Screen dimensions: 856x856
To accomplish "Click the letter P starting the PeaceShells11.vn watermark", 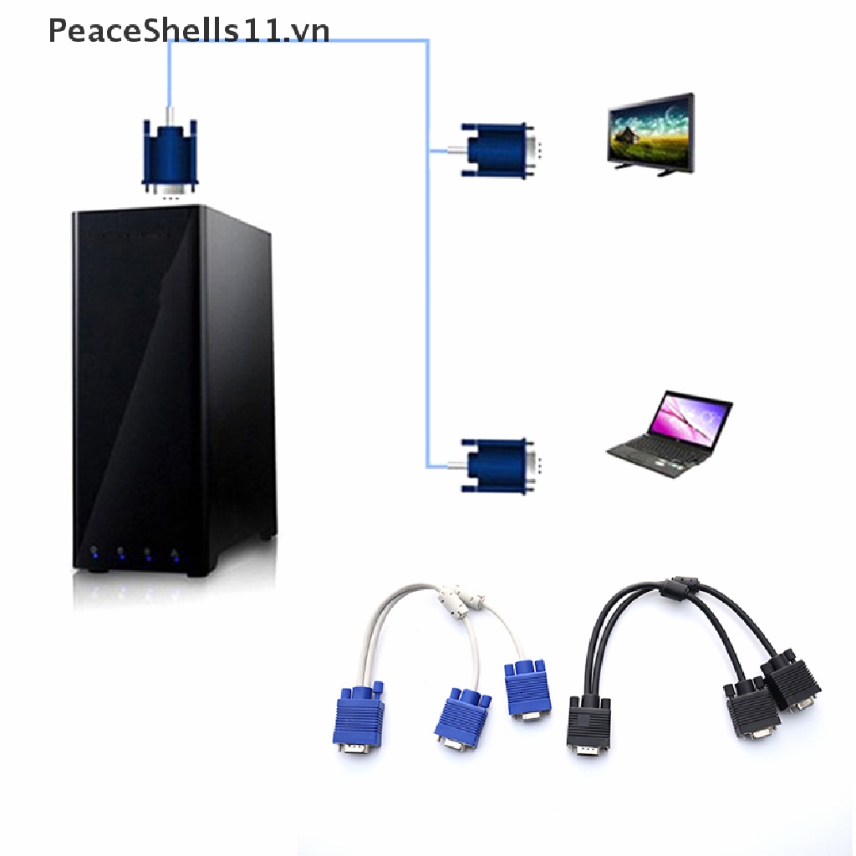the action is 58,31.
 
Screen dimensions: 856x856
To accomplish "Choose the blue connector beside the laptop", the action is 497,466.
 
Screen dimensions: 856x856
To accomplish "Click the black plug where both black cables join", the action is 588,725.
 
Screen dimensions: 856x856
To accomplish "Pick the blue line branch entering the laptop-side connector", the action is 438,466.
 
